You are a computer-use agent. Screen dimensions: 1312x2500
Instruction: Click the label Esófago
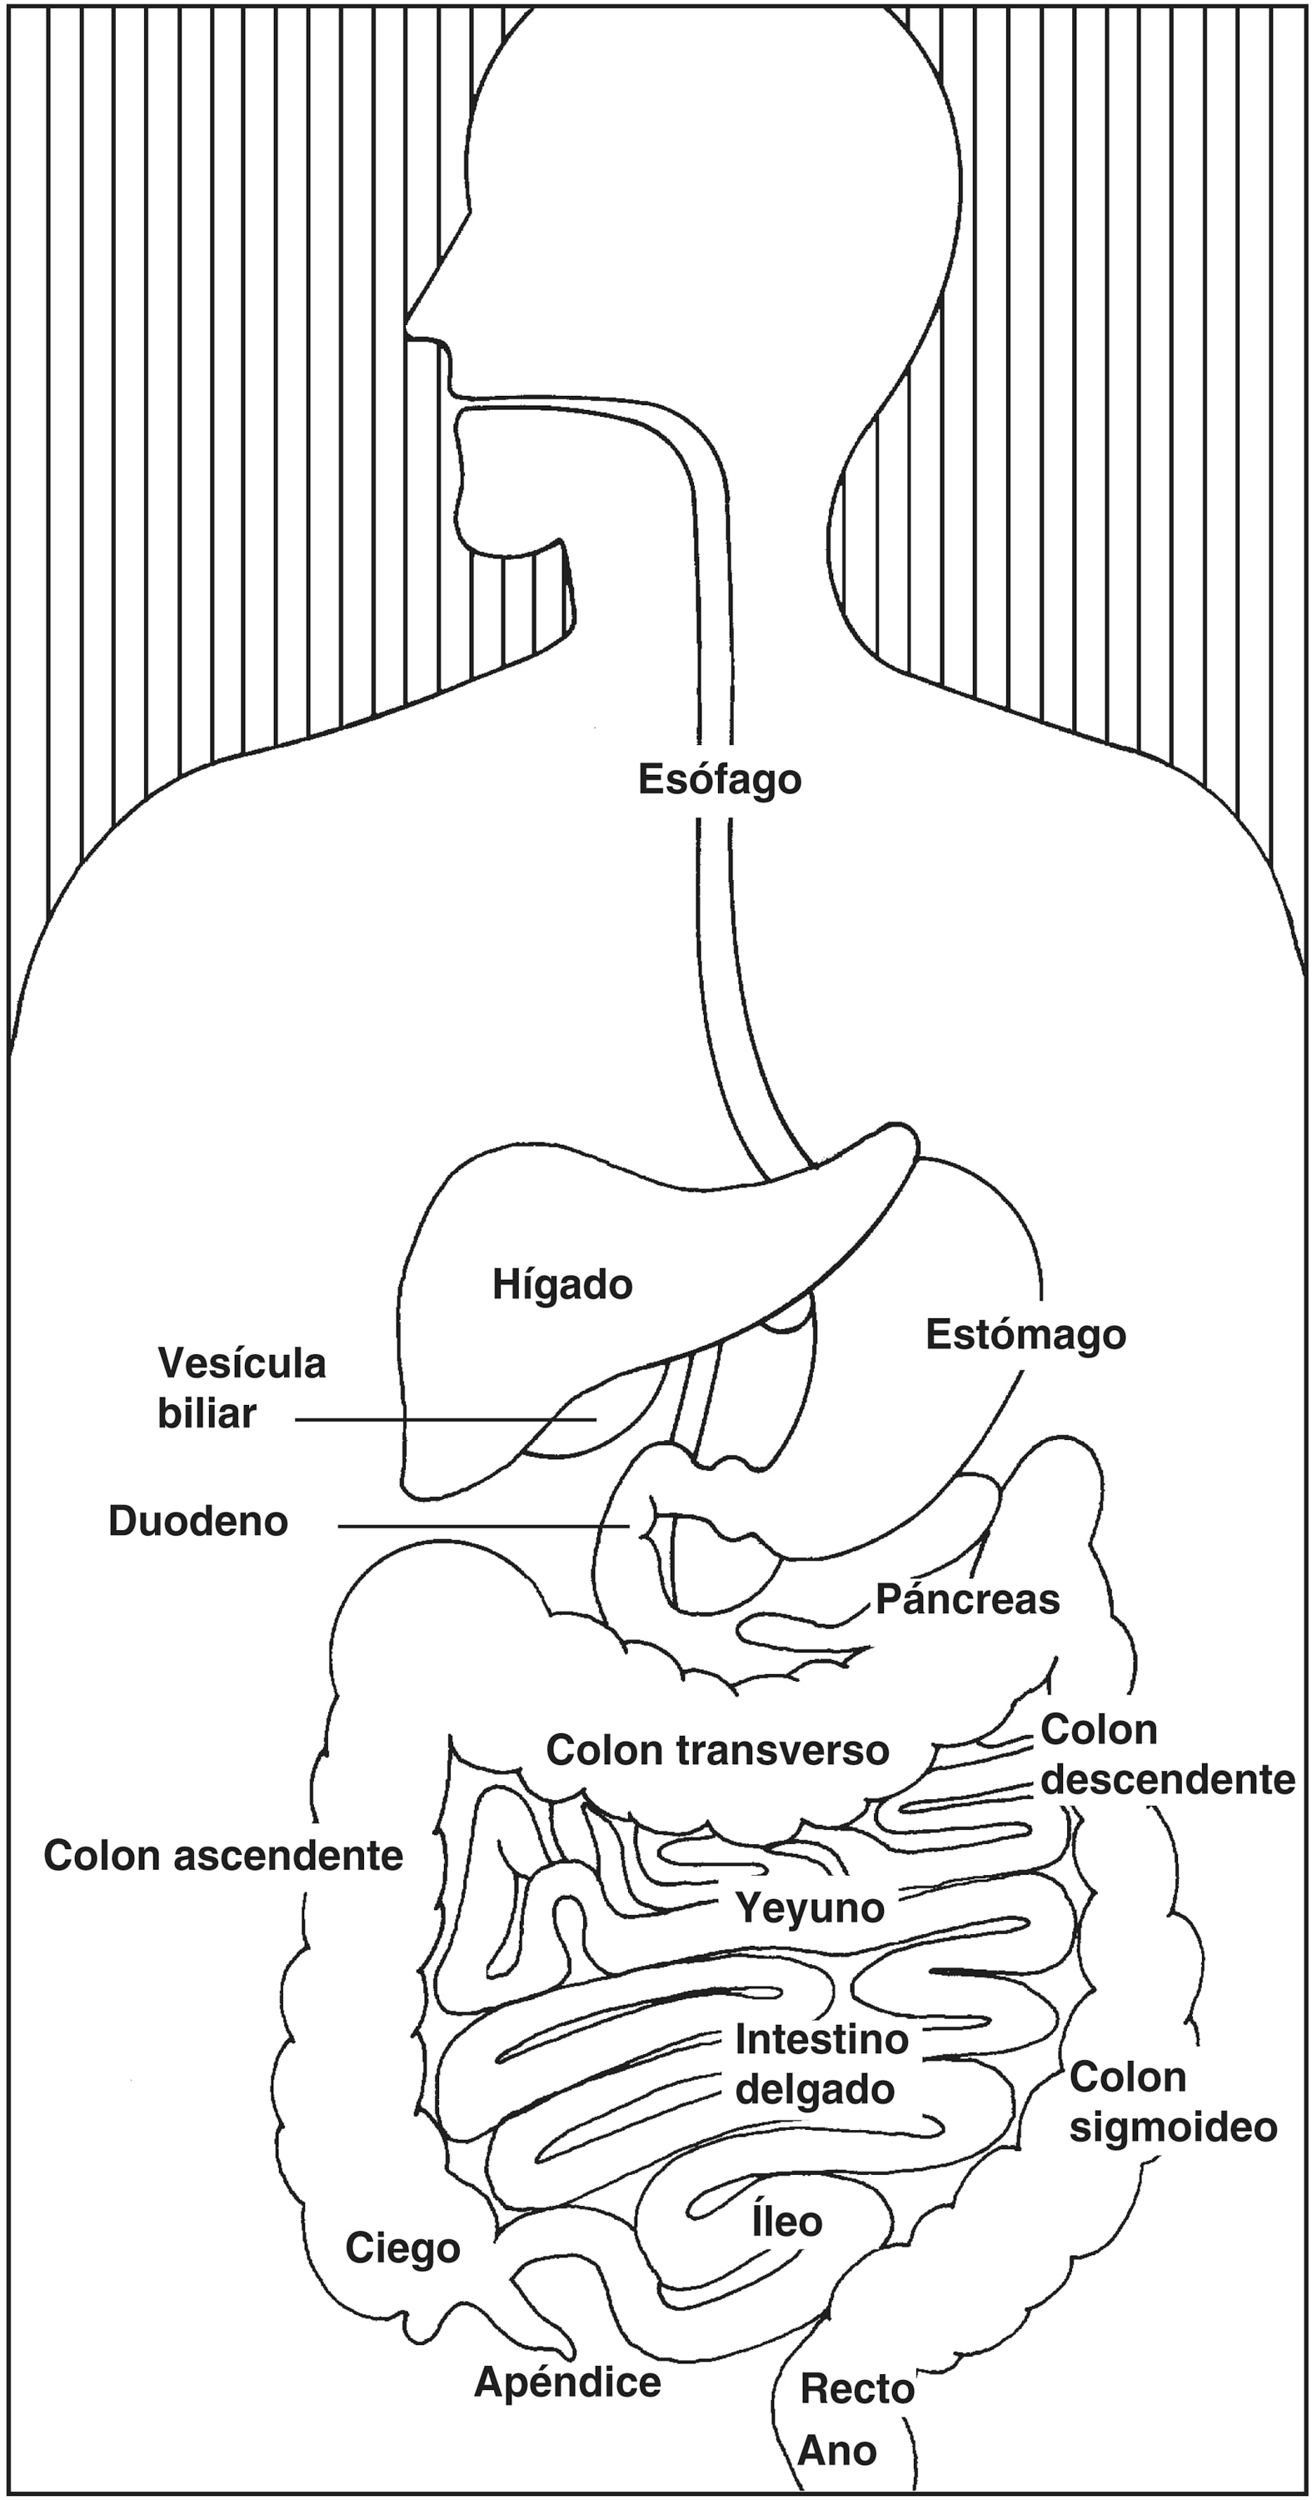coord(719,780)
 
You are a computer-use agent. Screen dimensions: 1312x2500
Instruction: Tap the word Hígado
coord(562,1285)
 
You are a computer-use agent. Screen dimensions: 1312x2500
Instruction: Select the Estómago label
coord(1025,1334)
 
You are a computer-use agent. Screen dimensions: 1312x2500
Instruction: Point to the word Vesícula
coord(242,1363)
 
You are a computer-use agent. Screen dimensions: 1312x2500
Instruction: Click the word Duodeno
coord(198,1522)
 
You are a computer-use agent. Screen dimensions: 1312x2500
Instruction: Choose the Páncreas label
coord(967,1598)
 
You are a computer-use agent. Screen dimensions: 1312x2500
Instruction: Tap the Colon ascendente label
coord(223,1856)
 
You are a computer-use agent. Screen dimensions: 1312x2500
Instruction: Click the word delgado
coord(814,2089)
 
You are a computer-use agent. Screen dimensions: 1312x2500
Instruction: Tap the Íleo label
coord(787,2222)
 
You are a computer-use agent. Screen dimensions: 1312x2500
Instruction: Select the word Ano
coord(837,2451)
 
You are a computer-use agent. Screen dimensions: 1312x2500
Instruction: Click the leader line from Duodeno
coord(484,1527)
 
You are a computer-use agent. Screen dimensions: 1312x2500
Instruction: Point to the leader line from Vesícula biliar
coord(446,1419)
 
